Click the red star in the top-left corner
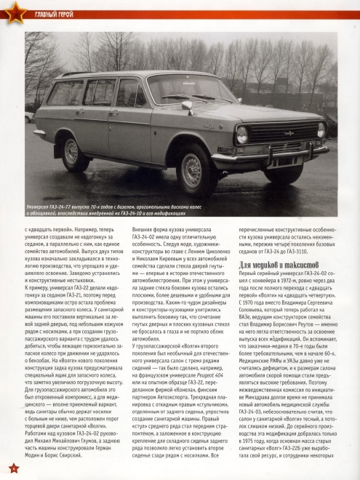tap(11, 10)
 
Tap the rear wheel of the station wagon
tap(71, 152)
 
